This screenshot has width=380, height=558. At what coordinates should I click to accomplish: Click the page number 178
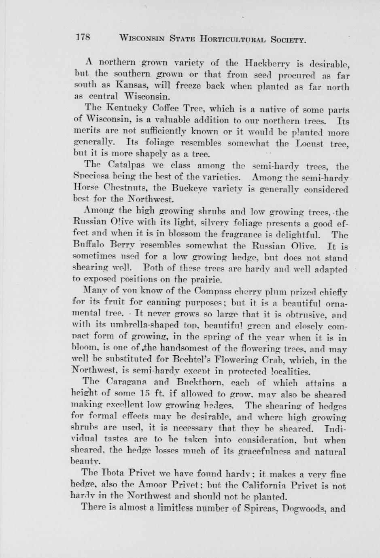[x=82, y=38]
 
